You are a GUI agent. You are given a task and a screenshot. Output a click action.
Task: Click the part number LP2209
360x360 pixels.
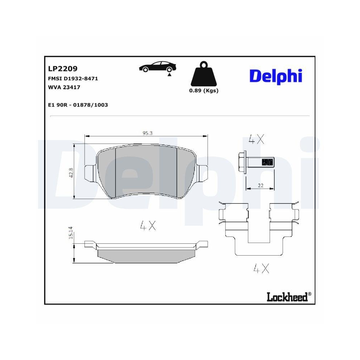coord(63,68)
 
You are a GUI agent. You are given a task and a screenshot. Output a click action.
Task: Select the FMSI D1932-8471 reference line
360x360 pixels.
coord(73,78)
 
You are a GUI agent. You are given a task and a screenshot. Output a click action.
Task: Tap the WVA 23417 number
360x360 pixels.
coord(64,87)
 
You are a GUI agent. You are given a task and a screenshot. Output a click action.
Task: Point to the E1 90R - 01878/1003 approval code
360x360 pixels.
coord(78,105)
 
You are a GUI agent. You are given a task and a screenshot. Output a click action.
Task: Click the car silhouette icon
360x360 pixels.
coord(158,67)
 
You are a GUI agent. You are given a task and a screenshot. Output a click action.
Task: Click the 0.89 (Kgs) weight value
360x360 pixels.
coord(204,91)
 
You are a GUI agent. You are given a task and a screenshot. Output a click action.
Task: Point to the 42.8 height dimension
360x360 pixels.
coord(71,172)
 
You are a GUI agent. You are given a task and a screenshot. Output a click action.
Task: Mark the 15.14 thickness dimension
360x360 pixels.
coord(71,233)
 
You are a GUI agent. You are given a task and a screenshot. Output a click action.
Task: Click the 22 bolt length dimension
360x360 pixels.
coord(261,185)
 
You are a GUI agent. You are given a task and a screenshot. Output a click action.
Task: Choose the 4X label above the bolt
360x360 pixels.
coord(256,139)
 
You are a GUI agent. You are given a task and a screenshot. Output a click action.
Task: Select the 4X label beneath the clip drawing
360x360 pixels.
coord(261,268)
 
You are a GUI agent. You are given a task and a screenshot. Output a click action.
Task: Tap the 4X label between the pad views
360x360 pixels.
coord(148,226)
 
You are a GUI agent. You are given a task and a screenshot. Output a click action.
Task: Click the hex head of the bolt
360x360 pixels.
coord(242,163)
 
